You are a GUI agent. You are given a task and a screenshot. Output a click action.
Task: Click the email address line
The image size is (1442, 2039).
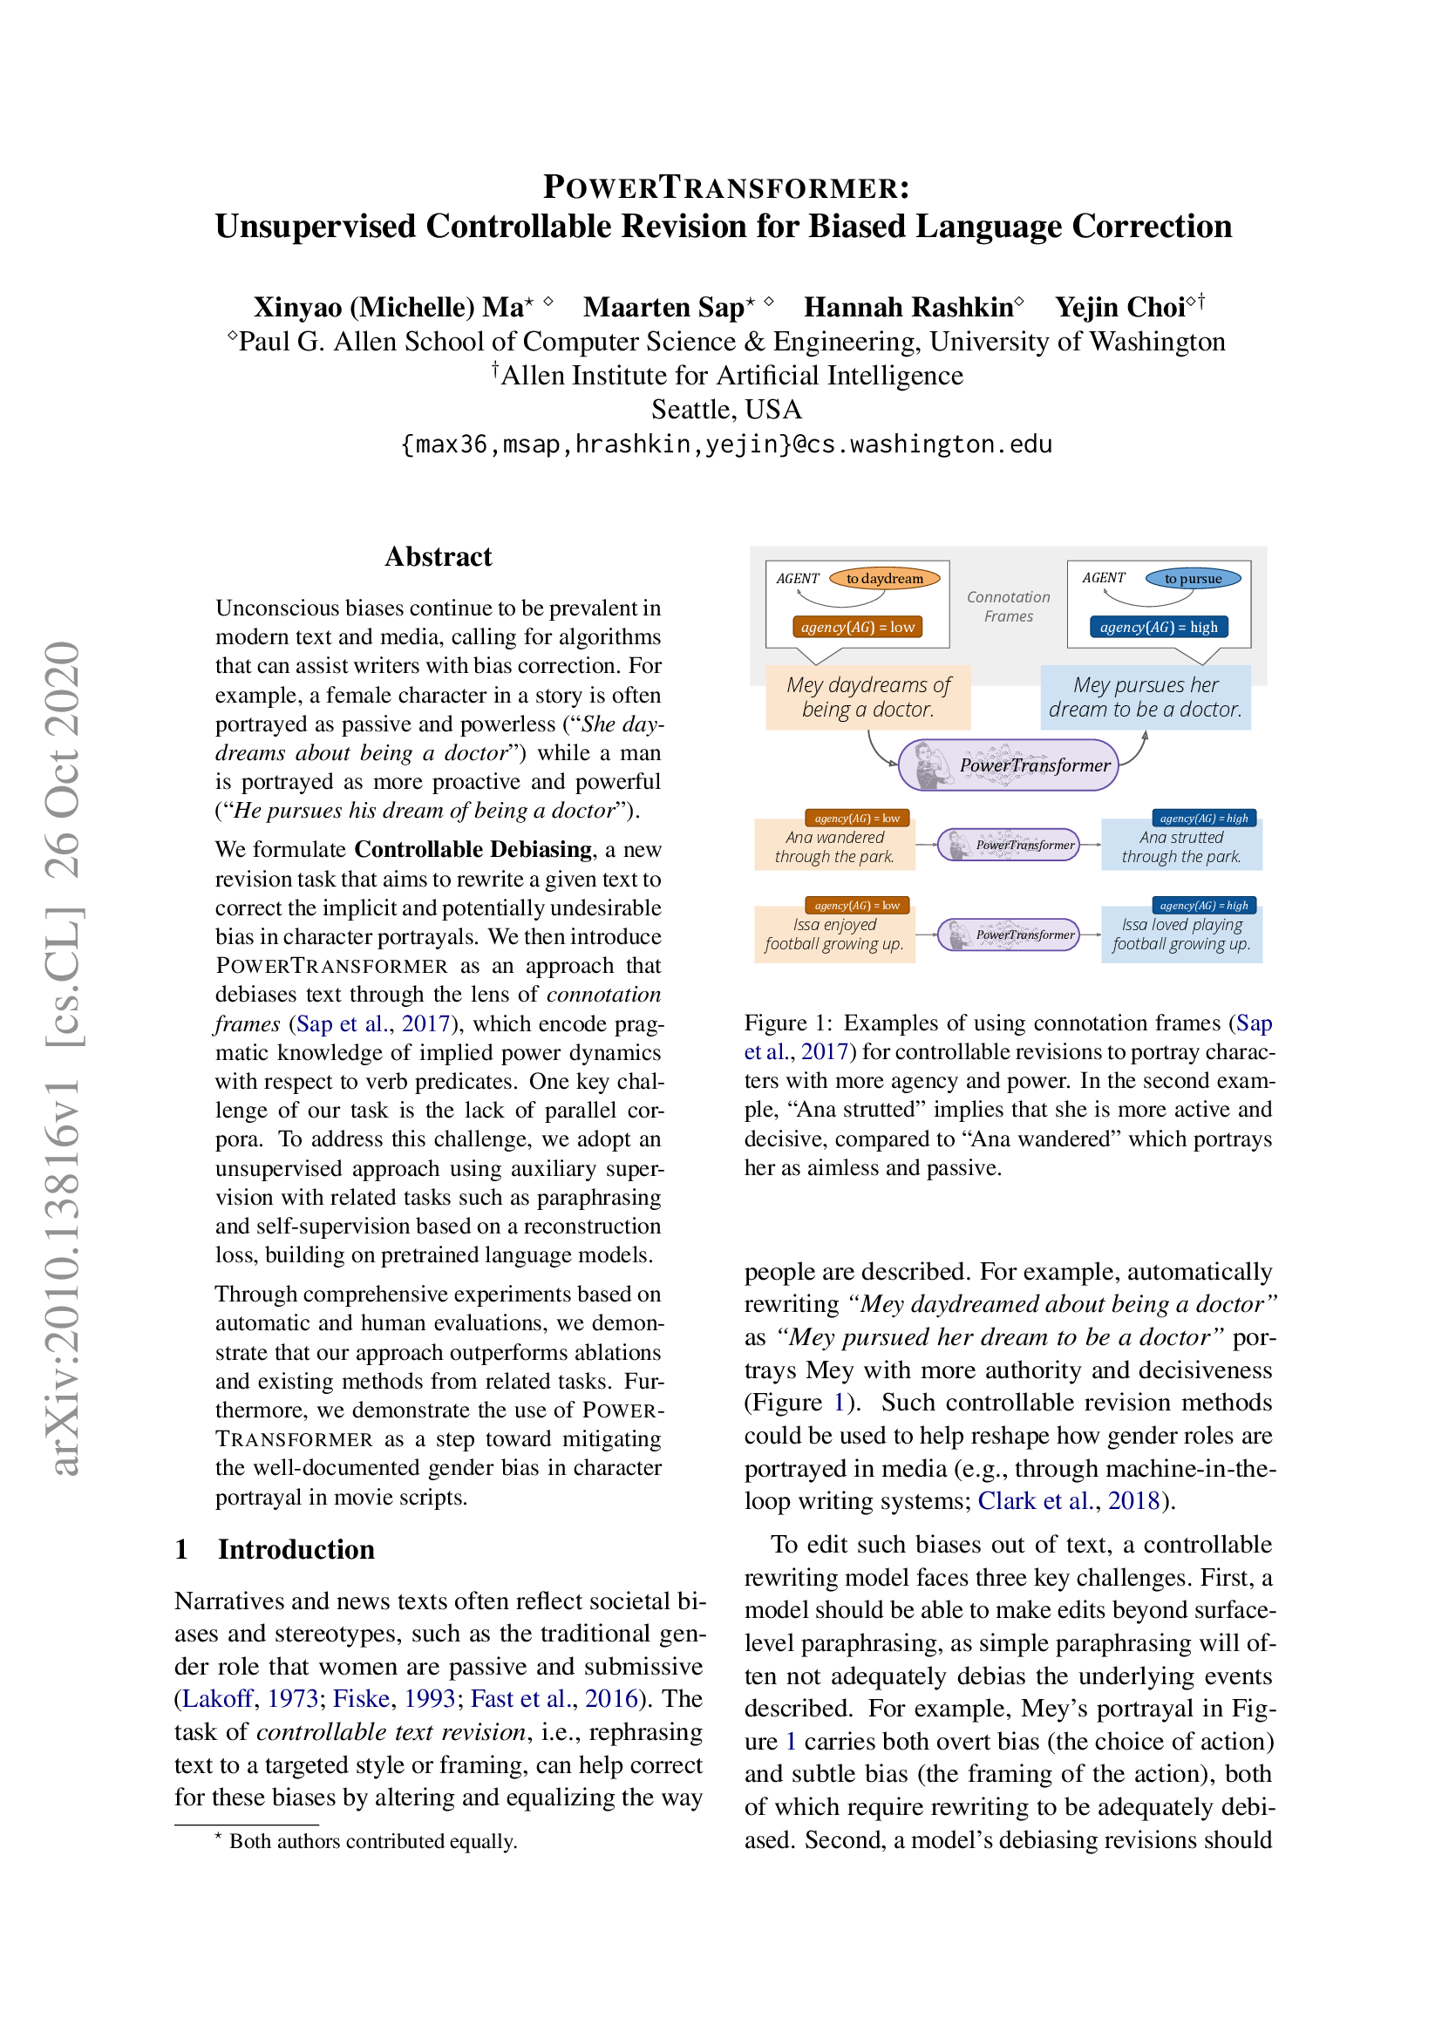point(725,444)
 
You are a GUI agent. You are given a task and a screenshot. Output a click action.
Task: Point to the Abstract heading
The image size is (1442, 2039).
point(438,557)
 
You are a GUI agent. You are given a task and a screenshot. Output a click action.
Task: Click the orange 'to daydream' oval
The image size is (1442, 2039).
point(883,579)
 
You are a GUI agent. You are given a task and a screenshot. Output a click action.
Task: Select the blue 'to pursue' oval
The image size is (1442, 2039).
point(1192,579)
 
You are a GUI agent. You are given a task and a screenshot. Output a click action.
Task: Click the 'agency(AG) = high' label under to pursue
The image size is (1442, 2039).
point(1158,627)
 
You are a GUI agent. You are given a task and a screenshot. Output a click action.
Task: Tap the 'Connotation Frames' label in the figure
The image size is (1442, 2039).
point(1008,607)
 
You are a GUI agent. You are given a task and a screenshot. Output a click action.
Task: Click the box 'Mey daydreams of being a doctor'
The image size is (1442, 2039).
point(867,697)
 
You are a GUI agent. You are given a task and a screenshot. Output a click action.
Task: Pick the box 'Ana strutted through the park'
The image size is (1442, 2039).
point(1180,846)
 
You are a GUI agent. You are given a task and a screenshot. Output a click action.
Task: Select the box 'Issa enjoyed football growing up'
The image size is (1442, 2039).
point(833,935)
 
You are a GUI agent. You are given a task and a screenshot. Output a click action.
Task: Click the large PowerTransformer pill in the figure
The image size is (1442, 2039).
point(1008,765)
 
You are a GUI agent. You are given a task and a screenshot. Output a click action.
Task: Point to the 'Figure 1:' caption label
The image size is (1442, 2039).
point(786,1023)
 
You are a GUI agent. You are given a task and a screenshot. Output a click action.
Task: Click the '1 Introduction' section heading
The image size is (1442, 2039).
point(275,1550)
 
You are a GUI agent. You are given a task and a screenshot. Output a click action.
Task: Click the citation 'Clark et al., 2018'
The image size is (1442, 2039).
point(1068,1501)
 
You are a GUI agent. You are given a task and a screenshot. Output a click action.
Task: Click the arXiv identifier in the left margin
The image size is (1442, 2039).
point(64,1057)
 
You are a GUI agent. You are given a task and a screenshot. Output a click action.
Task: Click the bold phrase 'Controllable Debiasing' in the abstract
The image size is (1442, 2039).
point(473,850)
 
